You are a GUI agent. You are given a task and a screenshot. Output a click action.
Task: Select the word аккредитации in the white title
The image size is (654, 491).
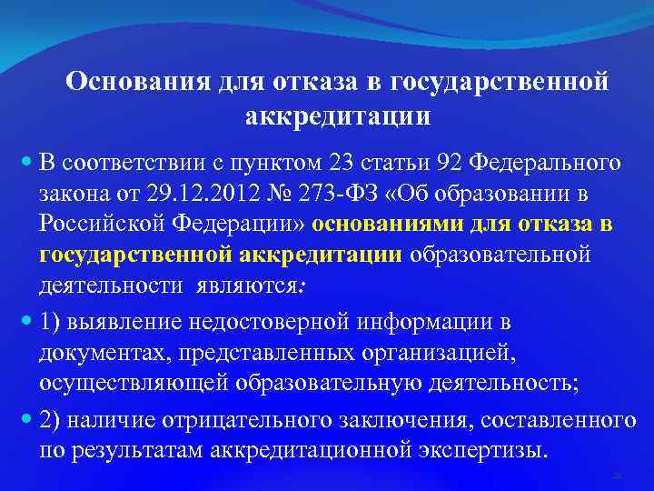click(337, 116)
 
